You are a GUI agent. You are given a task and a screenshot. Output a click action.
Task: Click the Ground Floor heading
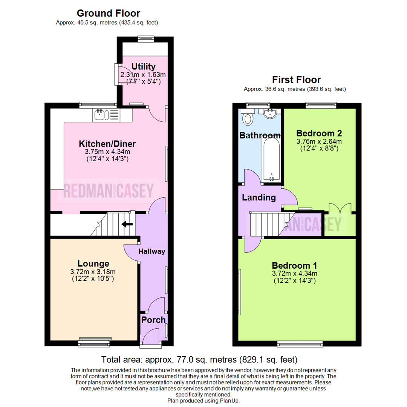click(108, 13)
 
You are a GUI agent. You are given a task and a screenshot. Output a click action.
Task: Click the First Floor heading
click(297, 80)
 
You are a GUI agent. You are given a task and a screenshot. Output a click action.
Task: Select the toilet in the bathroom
click(248, 118)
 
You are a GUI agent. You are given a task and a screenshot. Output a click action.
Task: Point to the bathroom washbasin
click(271, 113)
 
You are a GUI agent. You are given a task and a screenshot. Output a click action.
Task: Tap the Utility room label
click(143, 67)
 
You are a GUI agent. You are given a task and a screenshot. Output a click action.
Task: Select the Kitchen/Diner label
click(107, 144)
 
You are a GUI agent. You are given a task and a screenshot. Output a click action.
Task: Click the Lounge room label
click(93, 263)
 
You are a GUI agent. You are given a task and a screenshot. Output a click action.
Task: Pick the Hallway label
click(152, 251)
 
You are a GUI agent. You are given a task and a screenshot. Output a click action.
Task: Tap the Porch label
click(153, 320)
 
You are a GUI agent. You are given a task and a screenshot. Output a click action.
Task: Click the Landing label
click(259, 197)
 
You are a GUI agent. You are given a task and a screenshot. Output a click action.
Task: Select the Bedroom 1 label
click(295, 265)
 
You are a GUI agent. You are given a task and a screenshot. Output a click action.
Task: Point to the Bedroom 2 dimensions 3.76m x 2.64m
click(319, 142)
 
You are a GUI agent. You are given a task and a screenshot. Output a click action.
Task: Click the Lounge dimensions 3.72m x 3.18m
click(93, 272)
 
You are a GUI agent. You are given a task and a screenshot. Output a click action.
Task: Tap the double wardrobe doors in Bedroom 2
click(340, 209)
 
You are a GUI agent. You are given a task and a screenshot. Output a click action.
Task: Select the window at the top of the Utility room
click(145, 38)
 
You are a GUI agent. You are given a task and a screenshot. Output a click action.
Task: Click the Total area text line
click(200, 359)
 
